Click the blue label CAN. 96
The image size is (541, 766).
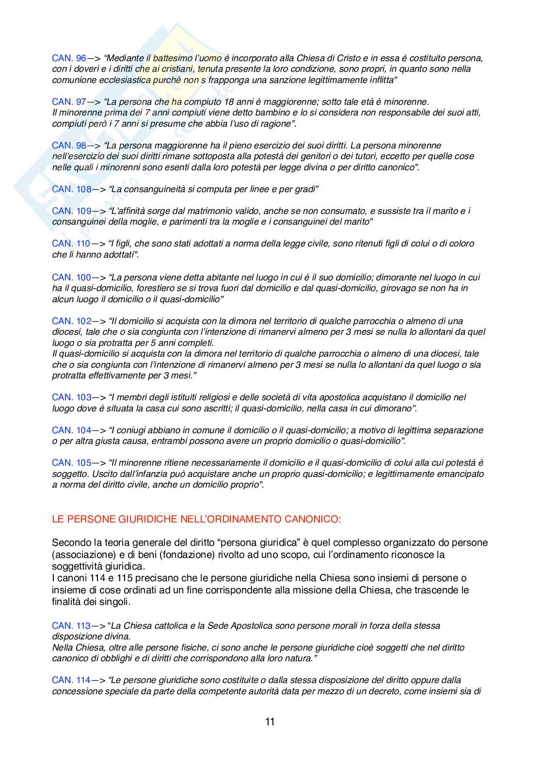(69, 58)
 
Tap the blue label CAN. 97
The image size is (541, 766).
(69, 102)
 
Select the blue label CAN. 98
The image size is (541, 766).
(69, 146)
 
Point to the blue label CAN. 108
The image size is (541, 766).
(71, 189)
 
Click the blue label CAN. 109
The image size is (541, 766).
(71, 211)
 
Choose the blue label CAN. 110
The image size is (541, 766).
(71, 244)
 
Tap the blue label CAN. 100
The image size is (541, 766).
(71, 277)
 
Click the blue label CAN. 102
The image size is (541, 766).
(71, 321)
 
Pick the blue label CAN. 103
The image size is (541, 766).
(71, 397)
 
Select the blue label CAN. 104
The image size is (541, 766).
(71, 430)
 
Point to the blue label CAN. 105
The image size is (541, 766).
(71, 463)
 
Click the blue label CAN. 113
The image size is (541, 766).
(71, 626)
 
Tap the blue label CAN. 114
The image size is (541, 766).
(71, 680)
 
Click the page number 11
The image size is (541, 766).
(270, 722)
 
